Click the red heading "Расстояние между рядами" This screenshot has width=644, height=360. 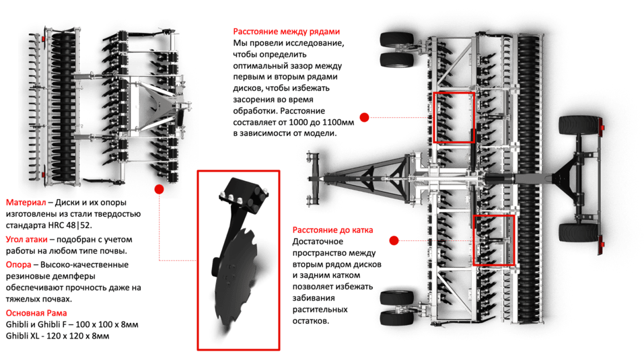(286, 32)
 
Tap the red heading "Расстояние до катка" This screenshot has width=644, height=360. (332, 230)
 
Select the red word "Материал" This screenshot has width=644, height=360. (26, 203)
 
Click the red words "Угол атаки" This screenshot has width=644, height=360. (27, 240)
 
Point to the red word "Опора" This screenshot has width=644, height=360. (18, 264)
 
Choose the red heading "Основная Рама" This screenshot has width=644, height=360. (36, 313)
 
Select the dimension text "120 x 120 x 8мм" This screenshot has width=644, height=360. (78, 336)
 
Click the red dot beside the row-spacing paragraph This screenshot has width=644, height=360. (364, 117)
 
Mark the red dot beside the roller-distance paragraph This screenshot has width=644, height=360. (394, 240)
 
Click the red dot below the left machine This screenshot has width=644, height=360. (159, 189)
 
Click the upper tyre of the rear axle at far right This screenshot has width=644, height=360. (579, 124)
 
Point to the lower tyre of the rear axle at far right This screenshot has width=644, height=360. (579, 233)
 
